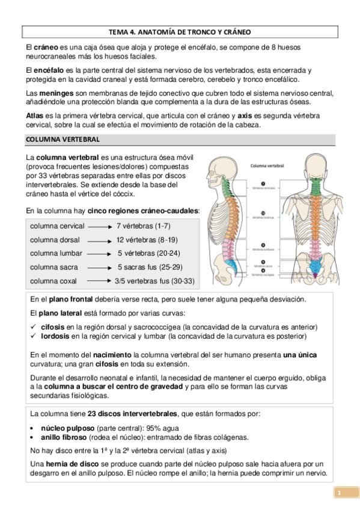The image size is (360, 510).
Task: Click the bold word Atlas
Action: click(35, 115)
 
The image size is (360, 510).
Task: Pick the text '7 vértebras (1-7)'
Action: click(142, 226)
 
